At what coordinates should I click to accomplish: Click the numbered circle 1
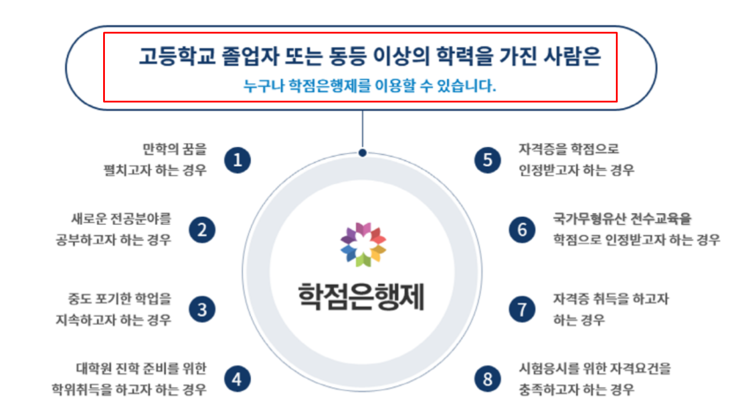238,160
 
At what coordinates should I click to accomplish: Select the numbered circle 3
202,310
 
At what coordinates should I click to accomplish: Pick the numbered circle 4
237,379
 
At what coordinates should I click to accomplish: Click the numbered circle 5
487,160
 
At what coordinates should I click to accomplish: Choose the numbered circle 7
522,310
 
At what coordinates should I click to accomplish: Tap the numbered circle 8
487,379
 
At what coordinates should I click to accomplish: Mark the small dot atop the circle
362,153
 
